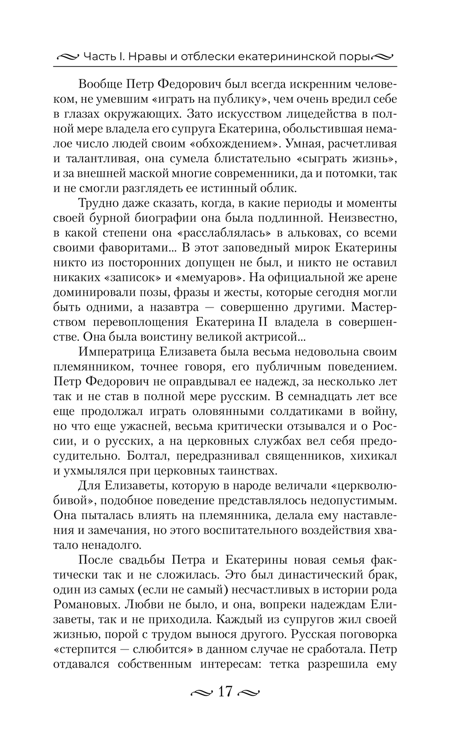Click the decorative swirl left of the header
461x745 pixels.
67,57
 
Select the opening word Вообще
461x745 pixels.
100,84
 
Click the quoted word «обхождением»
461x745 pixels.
241,143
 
